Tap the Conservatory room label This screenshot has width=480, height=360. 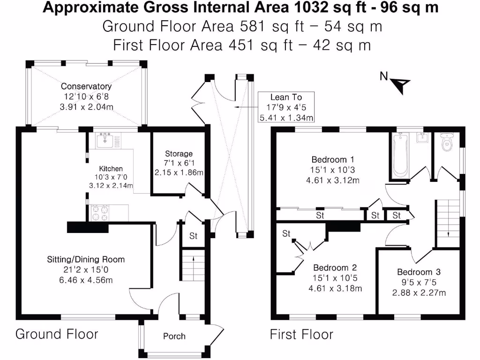[86, 86]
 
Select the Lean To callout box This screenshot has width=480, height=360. [286, 107]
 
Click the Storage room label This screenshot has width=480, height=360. [179, 154]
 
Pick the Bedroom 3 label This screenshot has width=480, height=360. [419, 272]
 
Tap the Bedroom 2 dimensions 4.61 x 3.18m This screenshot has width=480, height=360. [335, 288]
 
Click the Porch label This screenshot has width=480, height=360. [174, 336]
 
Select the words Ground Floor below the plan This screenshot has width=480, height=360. [57, 334]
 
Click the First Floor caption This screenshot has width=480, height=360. [301, 334]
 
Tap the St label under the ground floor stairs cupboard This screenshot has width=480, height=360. [194, 236]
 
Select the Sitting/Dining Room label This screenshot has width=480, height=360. [85, 259]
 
